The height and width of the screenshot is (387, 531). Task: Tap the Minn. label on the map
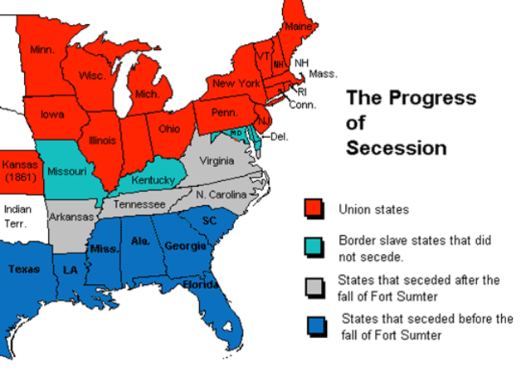(42, 50)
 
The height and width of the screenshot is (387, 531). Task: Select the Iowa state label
(53, 114)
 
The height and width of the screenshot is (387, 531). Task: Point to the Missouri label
(68, 171)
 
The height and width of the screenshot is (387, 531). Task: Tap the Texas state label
(24, 269)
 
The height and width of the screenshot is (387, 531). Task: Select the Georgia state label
(181, 246)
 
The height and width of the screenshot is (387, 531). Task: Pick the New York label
(236, 83)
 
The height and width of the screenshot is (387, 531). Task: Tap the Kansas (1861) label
(19, 171)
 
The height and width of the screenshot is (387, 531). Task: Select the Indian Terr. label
(17, 216)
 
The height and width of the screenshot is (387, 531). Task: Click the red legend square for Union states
(314, 208)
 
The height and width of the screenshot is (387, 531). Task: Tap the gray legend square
(314, 285)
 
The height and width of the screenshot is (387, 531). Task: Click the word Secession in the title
(396, 149)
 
